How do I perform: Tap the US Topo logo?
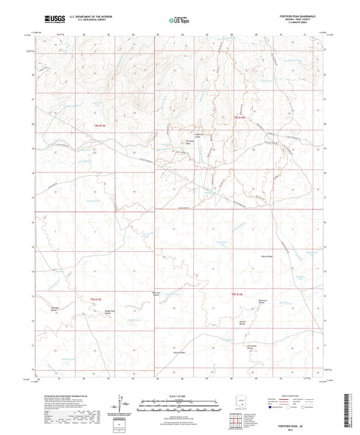tap(176, 21)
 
